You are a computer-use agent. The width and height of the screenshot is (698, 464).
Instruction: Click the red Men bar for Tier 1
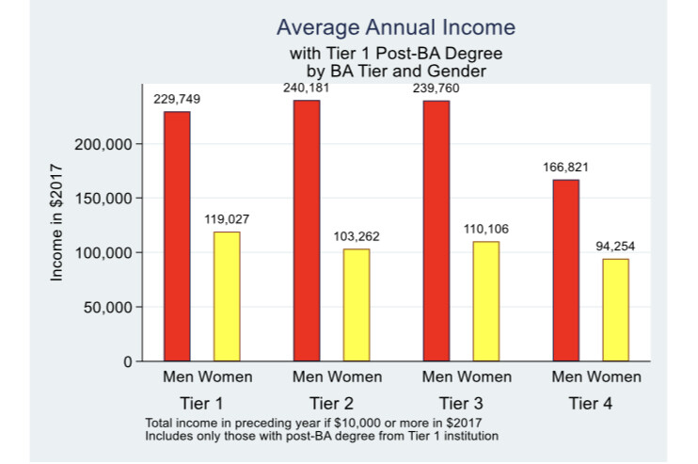click(177, 236)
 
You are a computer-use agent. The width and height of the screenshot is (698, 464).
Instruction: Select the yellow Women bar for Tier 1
click(227, 296)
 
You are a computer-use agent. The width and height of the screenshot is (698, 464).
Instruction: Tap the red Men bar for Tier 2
click(307, 231)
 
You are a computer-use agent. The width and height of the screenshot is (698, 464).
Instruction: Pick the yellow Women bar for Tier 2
click(357, 305)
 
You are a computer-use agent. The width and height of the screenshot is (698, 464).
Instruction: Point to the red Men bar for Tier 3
click(436, 231)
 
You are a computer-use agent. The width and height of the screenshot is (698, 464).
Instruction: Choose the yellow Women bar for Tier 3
click(485, 301)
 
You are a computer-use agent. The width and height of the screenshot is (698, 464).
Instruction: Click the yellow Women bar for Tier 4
click(615, 310)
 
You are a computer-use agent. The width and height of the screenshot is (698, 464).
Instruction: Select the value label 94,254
click(615, 247)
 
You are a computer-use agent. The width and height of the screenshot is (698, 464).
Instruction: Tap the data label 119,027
click(227, 219)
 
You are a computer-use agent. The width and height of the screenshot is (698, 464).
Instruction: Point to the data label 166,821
click(566, 168)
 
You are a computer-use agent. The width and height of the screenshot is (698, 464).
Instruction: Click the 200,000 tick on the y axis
click(104, 144)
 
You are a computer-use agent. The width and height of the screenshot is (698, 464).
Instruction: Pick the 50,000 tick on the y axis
click(108, 308)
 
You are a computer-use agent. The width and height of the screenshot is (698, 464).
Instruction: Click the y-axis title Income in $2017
click(57, 222)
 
